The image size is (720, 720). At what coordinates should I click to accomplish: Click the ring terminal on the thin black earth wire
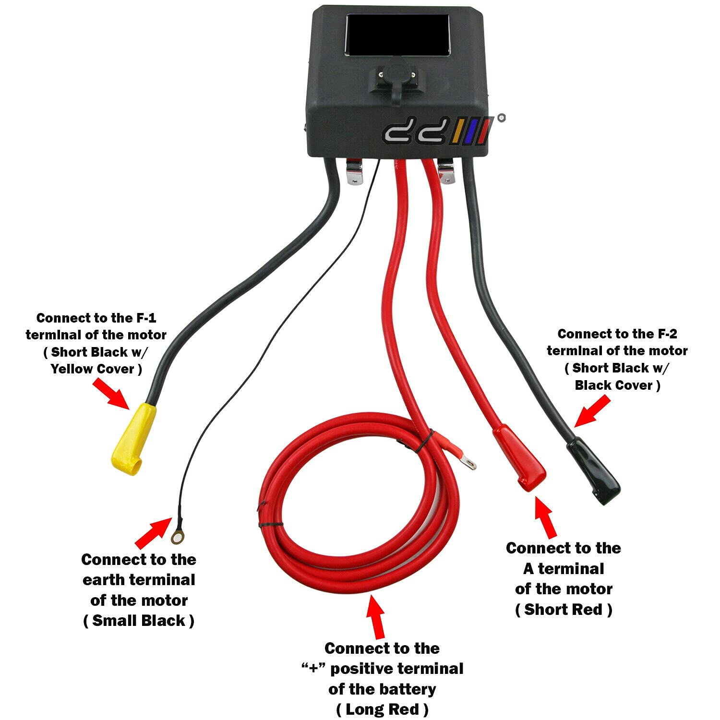(x=177, y=537)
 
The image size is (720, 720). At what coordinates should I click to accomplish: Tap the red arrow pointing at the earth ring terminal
(x=152, y=532)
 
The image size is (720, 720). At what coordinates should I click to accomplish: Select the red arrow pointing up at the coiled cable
(x=376, y=616)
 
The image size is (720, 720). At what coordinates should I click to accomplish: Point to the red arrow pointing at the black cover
(x=592, y=411)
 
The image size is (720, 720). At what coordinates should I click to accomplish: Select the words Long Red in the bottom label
(x=382, y=709)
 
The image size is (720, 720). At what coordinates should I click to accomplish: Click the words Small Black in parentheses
(x=139, y=620)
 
